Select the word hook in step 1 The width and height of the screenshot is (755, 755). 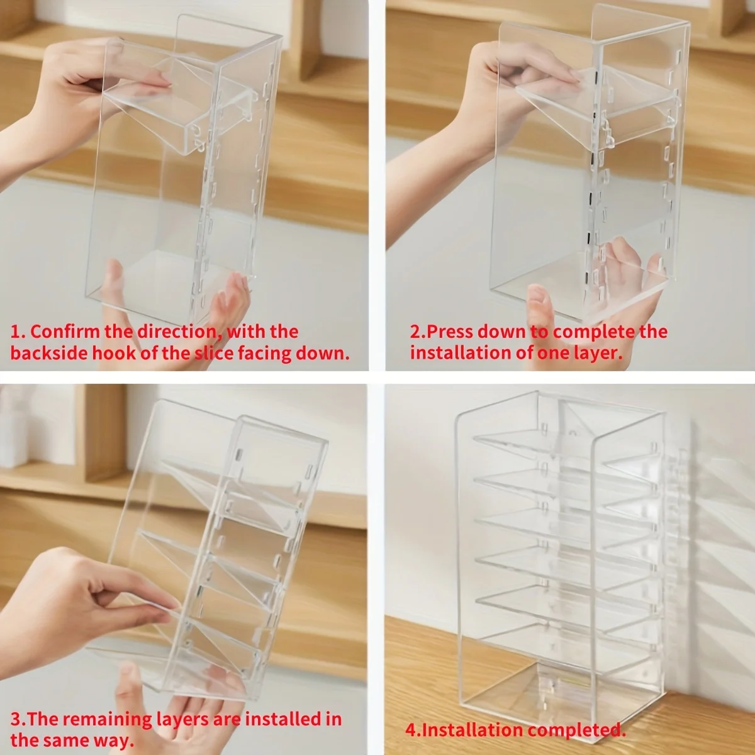tap(115, 352)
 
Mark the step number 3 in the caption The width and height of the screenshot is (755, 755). tap(15, 719)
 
